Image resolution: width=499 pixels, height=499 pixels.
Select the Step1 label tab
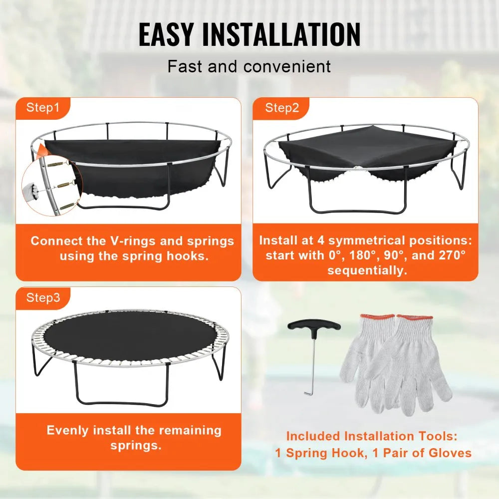click(x=43, y=108)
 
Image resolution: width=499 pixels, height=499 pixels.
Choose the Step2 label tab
click(x=282, y=108)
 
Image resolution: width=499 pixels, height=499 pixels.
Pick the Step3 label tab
click(x=43, y=298)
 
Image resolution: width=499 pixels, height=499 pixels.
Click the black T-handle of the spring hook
click(x=314, y=326)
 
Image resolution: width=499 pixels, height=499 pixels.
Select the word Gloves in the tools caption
click(x=448, y=453)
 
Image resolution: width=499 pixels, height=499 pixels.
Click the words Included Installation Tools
click(x=372, y=436)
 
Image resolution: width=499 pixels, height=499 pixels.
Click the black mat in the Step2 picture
click(x=364, y=145)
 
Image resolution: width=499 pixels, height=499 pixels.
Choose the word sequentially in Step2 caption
click(x=367, y=270)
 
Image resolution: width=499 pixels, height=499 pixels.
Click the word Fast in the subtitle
click(x=185, y=66)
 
